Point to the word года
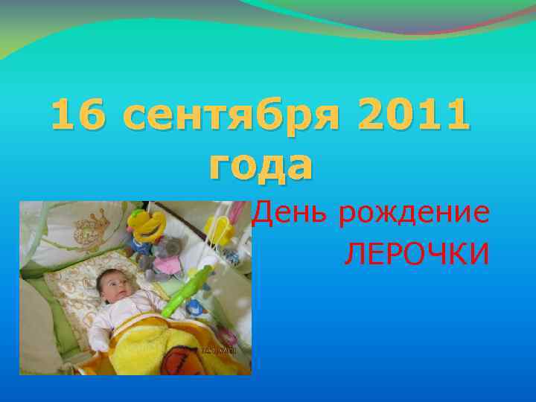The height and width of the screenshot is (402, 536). click(x=261, y=166)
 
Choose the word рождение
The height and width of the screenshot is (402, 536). click(x=414, y=215)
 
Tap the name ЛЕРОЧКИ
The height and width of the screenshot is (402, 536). click(x=416, y=255)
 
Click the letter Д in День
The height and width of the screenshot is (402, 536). click(x=261, y=214)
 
